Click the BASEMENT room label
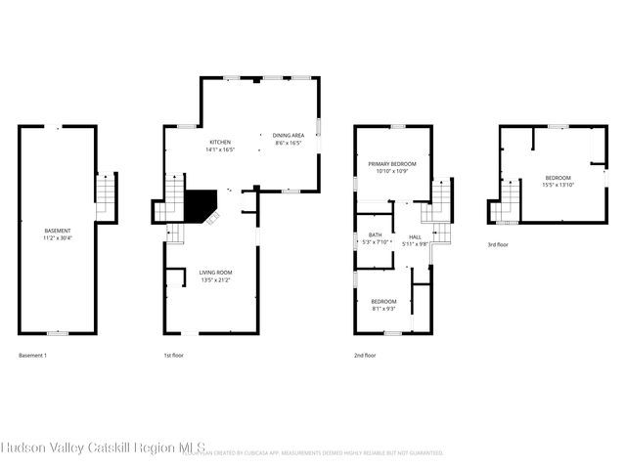click(x=58, y=231)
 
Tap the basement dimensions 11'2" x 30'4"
click(x=58, y=237)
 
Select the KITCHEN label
click(x=218, y=143)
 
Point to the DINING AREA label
click(x=288, y=136)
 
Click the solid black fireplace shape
click(x=200, y=205)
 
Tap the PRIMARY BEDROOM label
click(x=392, y=164)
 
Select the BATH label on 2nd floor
click(x=375, y=234)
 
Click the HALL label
click(x=415, y=236)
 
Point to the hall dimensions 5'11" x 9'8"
click(x=415, y=243)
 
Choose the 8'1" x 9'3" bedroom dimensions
click(x=383, y=309)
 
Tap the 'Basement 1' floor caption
click(x=32, y=356)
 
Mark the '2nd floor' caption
click(x=365, y=356)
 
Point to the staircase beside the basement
click(x=106, y=193)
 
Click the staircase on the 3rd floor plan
click(x=506, y=202)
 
